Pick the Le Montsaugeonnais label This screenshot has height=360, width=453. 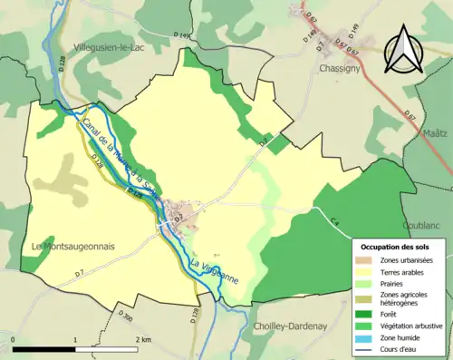click(x=68, y=245)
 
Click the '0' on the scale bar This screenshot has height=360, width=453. click(x=13, y=339)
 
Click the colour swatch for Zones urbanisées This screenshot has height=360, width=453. click(x=367, y=260)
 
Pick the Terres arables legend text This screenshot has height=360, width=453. click(x=405, y=272)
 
